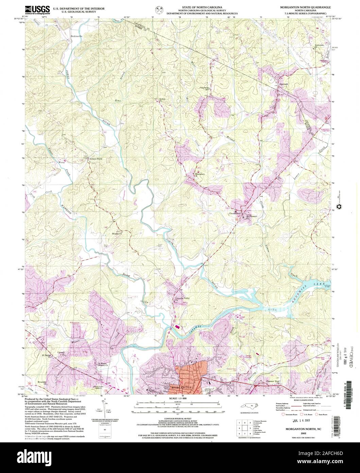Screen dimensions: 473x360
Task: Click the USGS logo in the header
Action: click(38, 10)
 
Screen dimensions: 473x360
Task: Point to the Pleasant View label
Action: click(272, 381)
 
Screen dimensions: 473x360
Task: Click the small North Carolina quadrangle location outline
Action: click(249, 406)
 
